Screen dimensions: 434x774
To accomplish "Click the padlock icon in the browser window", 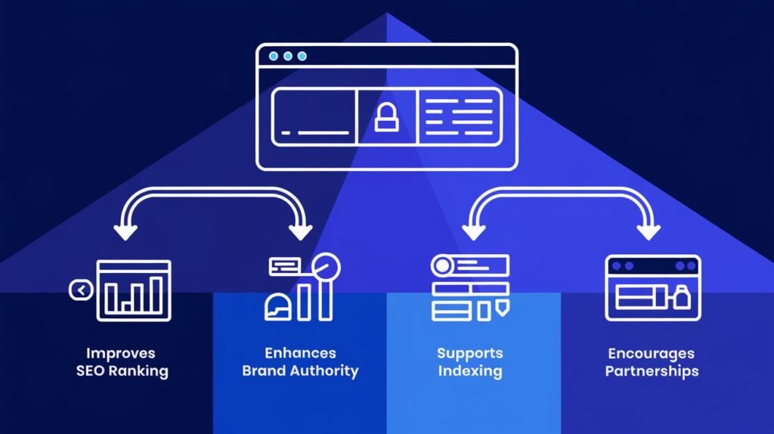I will tap(386, 117).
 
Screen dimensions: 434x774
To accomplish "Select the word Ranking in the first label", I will tap(141, 371).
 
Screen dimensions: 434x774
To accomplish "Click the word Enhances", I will tap(300, 353).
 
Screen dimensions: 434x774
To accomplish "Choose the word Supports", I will tap(469, 353).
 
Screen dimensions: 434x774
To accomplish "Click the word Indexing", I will tap(469, 371).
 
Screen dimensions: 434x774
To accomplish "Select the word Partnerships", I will tap(652, 371).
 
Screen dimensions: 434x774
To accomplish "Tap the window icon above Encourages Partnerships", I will tap(653, 287).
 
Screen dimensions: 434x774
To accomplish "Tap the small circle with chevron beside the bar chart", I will tap(80, 290).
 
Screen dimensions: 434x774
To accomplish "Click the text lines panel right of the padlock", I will tap(459, 117).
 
